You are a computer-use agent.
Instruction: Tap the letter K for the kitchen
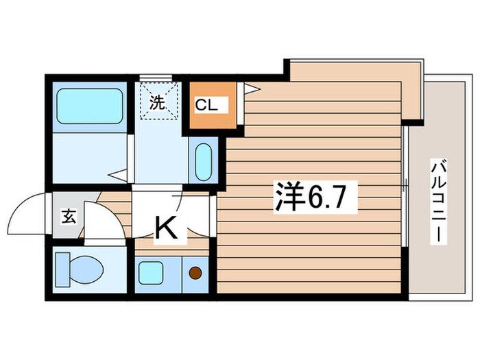click(x=167, y=227)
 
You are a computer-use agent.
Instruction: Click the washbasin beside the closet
click(x=204, y=162)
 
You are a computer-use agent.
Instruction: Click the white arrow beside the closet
click(x=249, y=88)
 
